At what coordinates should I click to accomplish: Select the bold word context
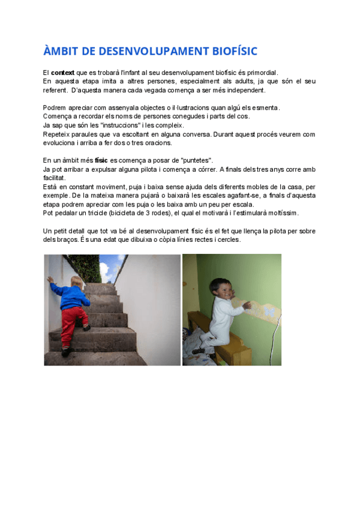pos(62,73)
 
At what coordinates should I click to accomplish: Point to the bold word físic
pos(101,160)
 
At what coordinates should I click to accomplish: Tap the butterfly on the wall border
pos(269,312)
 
